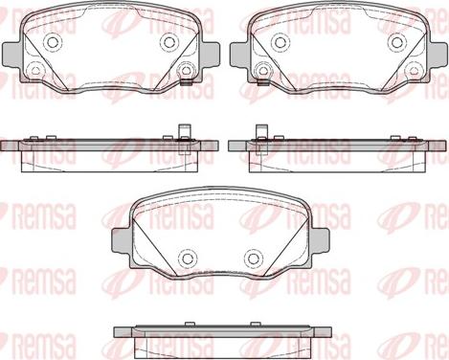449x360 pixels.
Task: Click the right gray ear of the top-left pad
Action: (x=210, y=55)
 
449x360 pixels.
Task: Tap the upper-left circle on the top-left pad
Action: (x=52, y=41)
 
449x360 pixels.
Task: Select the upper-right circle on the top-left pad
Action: (x=169, y=41)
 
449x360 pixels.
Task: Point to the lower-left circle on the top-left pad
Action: (x=34, y=70)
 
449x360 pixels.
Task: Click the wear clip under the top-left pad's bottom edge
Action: (x=186, y=82)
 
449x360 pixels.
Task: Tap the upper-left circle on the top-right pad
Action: (x=281, y=42)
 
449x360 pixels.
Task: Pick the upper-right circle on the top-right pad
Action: (x=397, y=42)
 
